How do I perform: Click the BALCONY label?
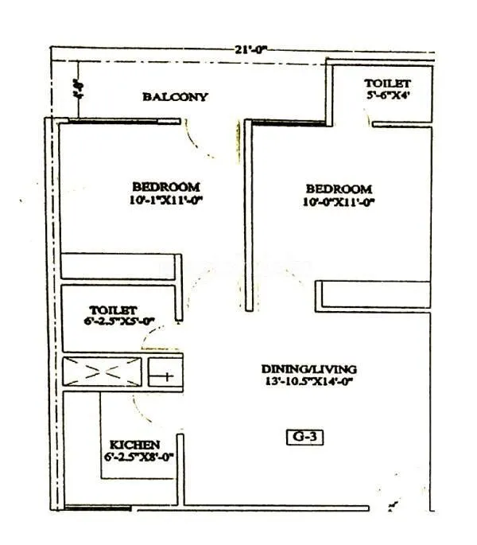175,97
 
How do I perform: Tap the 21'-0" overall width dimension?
250,49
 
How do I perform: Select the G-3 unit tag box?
305,436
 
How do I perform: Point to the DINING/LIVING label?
309,369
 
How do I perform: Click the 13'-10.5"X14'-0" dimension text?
309,381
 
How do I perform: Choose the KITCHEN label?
134,444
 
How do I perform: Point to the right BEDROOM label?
339,189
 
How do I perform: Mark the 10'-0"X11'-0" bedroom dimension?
339,202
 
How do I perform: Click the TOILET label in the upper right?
387,84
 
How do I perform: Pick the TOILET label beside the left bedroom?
114,309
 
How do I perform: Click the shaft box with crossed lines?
103,371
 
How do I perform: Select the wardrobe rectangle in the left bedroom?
122,266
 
